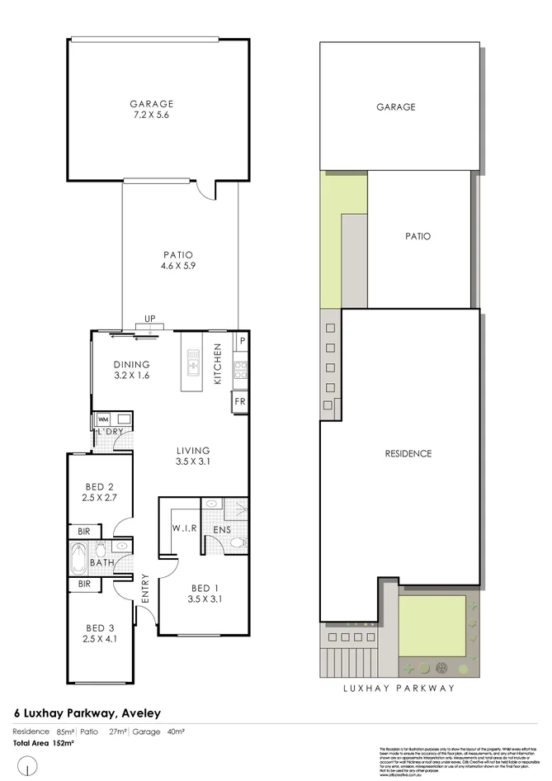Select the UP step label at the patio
[x=150, y=319]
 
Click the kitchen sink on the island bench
[x=193, y=361]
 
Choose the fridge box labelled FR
[x=240, y=401]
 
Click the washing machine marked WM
[x=103, y=419]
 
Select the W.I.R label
[x=183, y=528]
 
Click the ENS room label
[x=222, y=528]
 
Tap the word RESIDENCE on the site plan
[x=408, y=454]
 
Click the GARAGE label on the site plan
[x=396, y=107]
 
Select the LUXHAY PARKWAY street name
[x=399, y=687]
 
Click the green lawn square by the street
[x=431, y=624]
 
